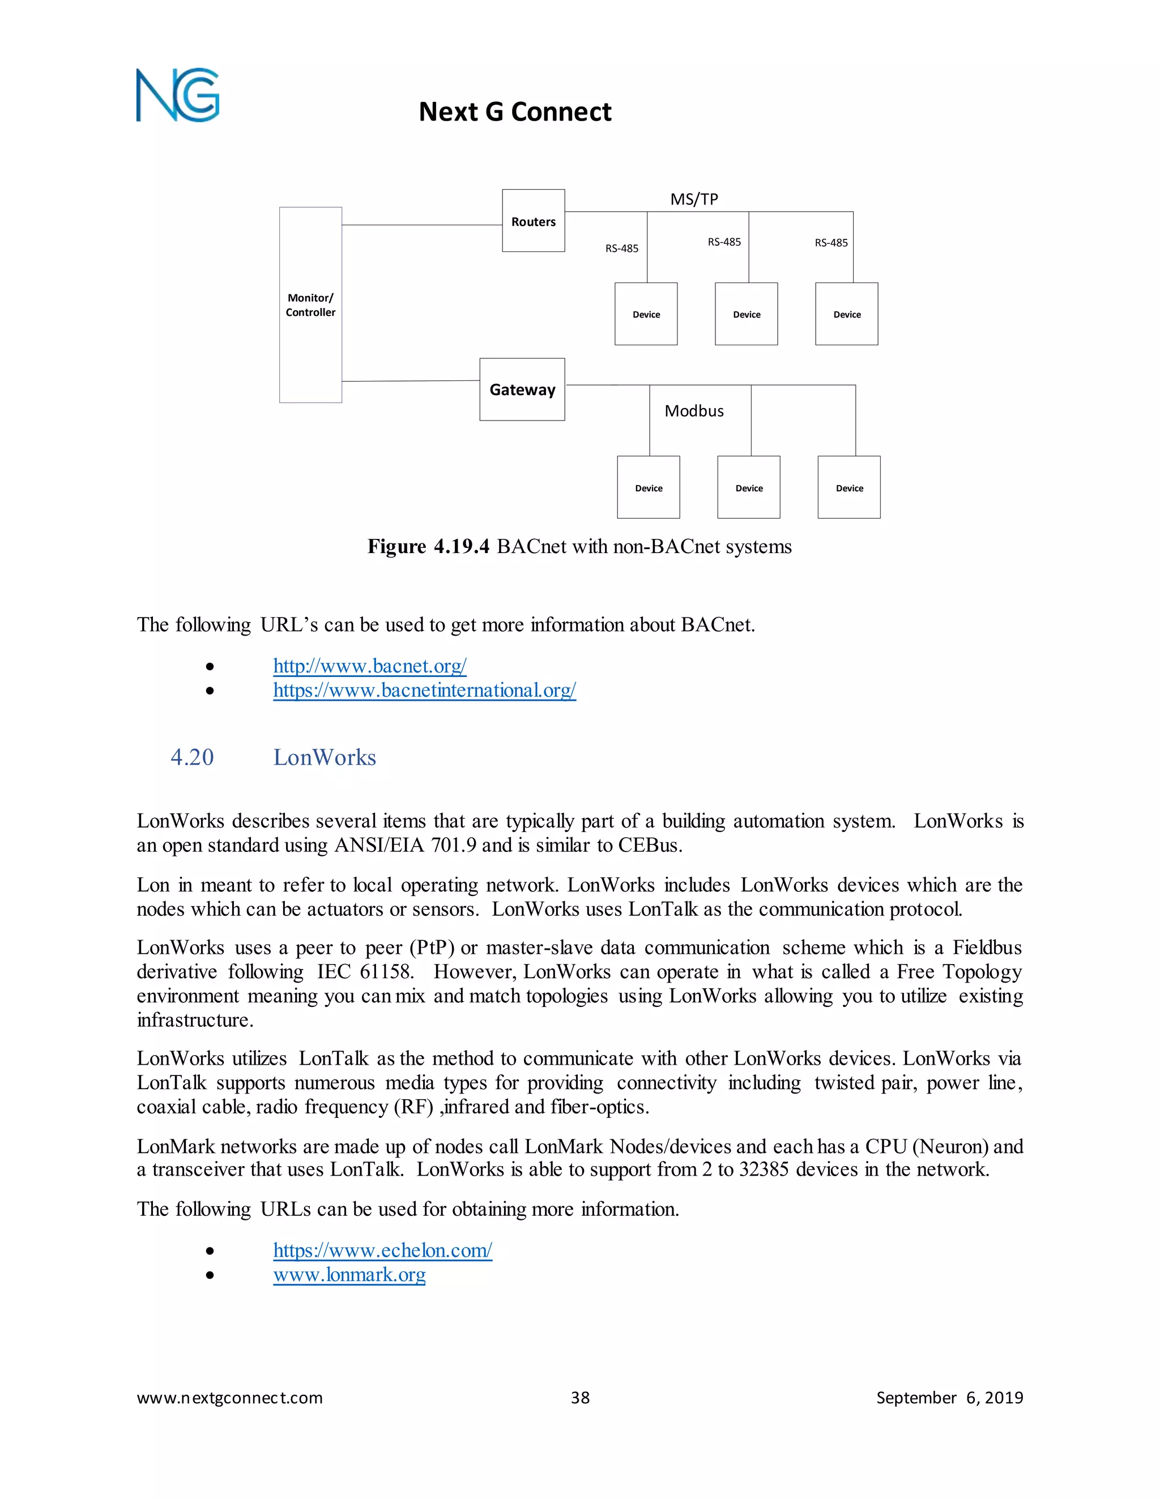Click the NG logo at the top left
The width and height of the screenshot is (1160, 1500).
(x=177, y=96)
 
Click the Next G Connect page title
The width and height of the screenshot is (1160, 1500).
(x=515, y=112)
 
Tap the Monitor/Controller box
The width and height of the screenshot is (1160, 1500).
(x=310, y=305)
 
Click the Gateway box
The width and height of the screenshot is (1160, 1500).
(x=522, y=389)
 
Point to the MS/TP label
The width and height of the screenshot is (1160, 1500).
(x=694, y=199)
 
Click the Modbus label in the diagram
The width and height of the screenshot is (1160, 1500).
(x=694, y=411)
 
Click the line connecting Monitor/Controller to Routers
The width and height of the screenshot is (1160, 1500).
(x=422, y=225)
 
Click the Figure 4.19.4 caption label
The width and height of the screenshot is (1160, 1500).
(x=428, y=547)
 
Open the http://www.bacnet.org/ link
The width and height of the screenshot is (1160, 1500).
(x=370, y=666)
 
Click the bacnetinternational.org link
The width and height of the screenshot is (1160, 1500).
(x=424, y=689)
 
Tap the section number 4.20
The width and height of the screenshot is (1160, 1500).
(x=192, y=757)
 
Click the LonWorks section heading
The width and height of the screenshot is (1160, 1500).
(x=325, y=757)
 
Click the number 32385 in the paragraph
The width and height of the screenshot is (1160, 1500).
(x=764, y=1169)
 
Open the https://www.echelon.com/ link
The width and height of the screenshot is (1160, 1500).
(x=382, y=1250)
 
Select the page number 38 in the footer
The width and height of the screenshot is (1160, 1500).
(x=580, y=1398)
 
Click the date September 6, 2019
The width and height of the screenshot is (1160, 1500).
(x=949, y=1398)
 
